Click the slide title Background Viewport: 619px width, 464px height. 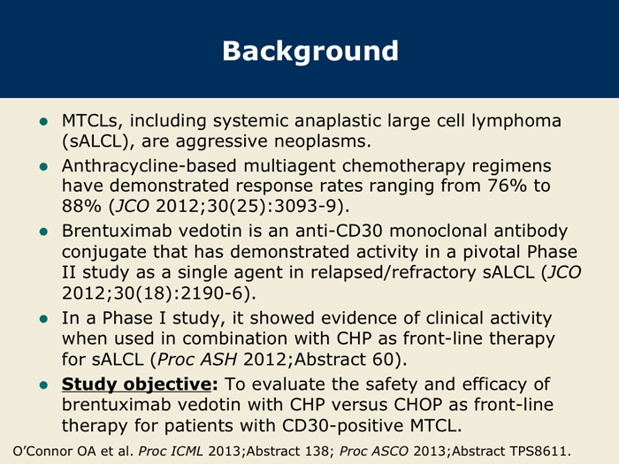pos(310,51)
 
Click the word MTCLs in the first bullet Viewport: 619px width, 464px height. pos(89,121)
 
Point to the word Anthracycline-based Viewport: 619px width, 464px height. pos(149,166)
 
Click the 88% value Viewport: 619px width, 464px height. pos(81,206)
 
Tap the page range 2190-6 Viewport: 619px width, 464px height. pos(210,293)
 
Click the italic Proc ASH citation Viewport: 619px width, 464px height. pos(197,360)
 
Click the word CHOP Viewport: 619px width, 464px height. pos(418,405)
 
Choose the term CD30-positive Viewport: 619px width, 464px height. pos(343,426)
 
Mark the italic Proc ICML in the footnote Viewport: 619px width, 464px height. pos(170,451)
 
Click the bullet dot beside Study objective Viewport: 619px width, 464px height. pos(44,384)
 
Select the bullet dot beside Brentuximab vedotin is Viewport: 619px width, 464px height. pos(44,232)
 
